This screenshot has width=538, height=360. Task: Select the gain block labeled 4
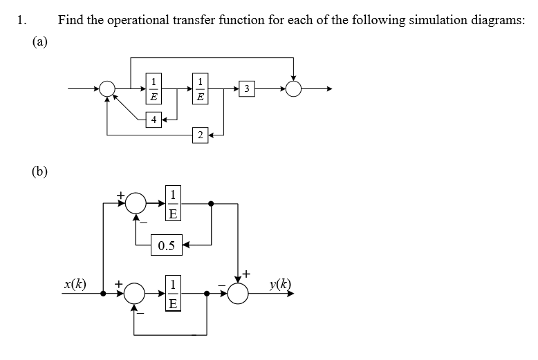(x=154, y=120)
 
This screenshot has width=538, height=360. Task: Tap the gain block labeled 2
(x=200, y=134)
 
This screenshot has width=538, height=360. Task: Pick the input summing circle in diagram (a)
(x=108, y=88)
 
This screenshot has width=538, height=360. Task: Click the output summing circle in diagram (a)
(x=295, y=88)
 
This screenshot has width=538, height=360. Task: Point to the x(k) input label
(x=75, y=284)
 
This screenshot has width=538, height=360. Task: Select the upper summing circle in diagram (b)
(x=136, y=203)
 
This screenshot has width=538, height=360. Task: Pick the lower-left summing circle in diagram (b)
(x=136, y=293)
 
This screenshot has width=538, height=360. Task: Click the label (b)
(x=40, y=171)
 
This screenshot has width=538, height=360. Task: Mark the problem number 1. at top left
(x=21, y=19)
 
